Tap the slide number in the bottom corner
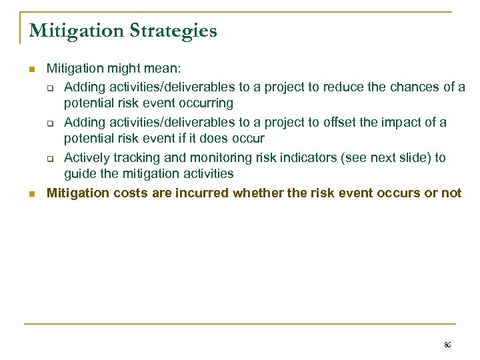tap(447, 345)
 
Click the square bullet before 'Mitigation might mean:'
tap(31, 69)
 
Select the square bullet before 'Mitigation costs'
tap(31, 194)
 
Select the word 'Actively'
tap(87, 158)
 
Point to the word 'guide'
tap(79, 174)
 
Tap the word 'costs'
tap(124, 193)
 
